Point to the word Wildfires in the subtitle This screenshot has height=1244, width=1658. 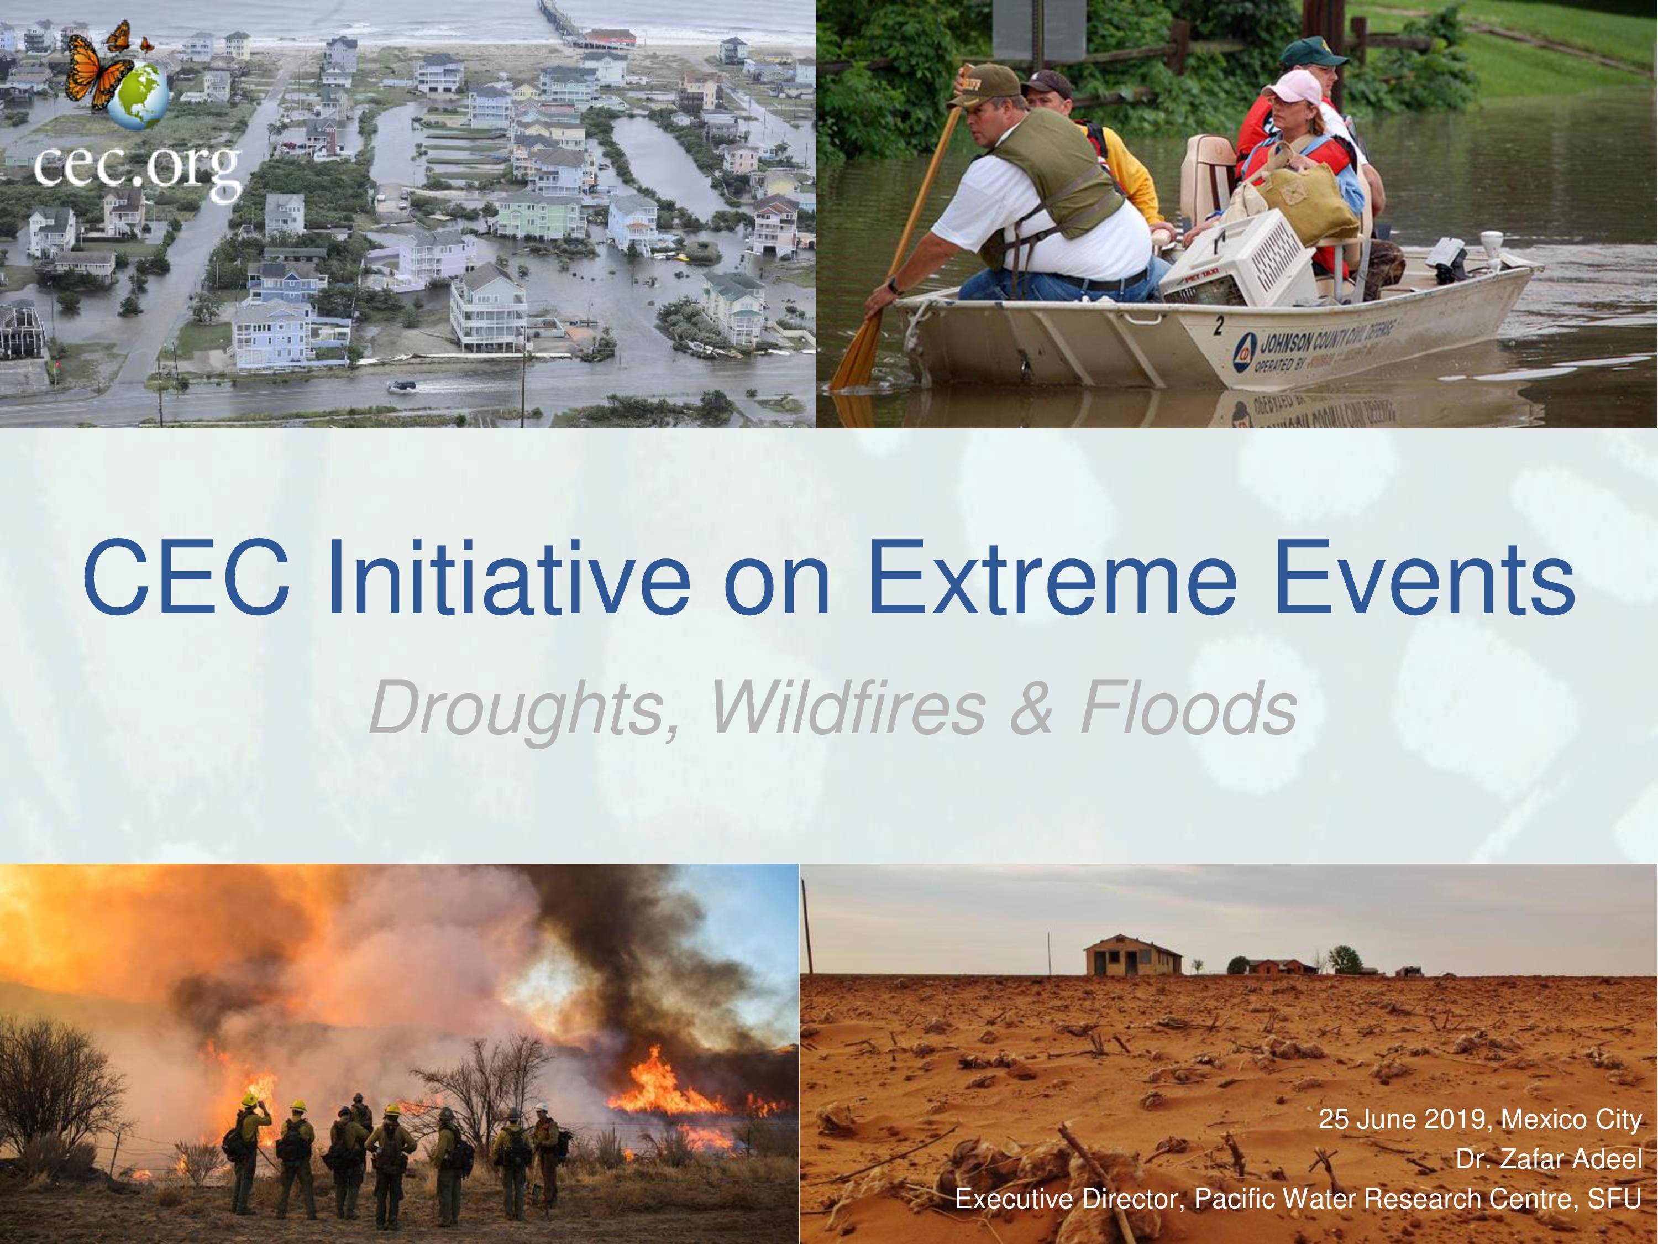pyautogui.click(x=847, y=709)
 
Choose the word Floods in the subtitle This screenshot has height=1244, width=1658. pyautogui.click(x=1189, y=709)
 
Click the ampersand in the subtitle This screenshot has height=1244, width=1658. pyautogui.click(x=1032, y=709)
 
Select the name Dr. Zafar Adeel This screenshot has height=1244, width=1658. pyautogui.click(x=1549, y=1159)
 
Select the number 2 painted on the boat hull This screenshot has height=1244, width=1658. pyautogui.click(x=1219, y=326)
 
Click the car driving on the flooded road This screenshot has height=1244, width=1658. pyautogui.click(x=401, y=386)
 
